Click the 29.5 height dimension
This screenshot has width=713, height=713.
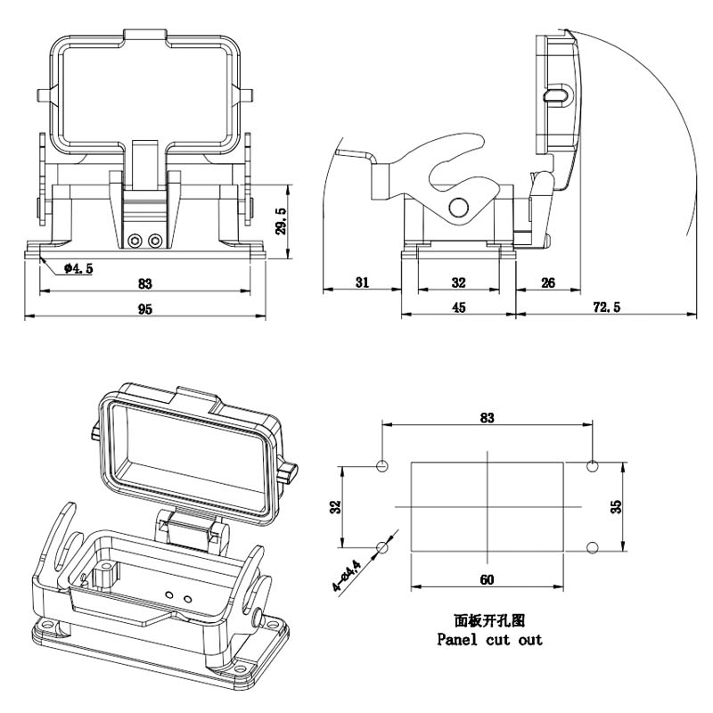[282, 221]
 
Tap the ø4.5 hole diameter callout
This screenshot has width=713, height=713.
[78, 268]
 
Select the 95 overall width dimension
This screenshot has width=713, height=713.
[145, 309]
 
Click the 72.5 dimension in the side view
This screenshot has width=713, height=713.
[607, 307]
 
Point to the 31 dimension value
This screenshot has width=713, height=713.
[362, 283]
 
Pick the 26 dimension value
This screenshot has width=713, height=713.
[548, 283]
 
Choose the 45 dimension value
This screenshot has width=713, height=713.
[459, 307]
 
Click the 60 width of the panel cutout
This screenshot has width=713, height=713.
[487, 580]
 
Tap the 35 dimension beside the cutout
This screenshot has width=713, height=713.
[616, 506]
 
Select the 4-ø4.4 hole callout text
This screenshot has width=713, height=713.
[347, 575]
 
